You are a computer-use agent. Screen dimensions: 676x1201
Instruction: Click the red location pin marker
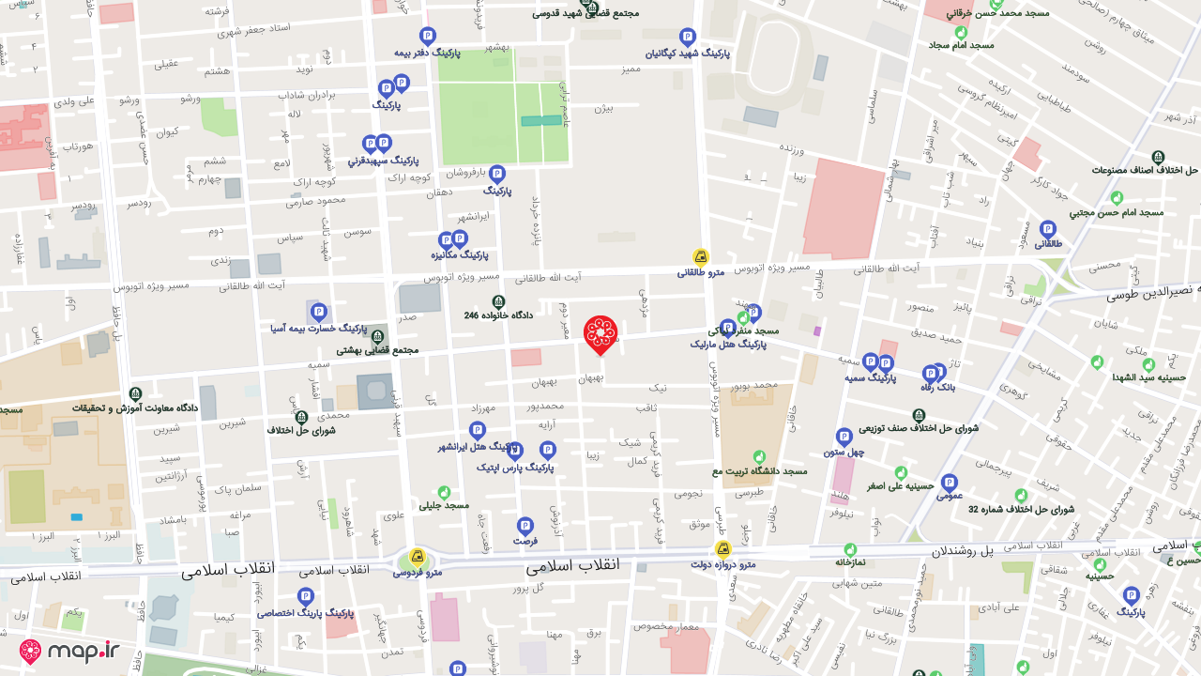[600, 334]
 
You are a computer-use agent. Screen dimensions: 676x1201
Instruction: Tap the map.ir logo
[69, 651]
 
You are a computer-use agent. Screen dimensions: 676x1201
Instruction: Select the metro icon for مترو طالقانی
[701, 256]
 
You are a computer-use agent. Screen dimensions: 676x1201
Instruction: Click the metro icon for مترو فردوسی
[418, 557]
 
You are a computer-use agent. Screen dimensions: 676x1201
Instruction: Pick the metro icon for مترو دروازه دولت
[722, 549]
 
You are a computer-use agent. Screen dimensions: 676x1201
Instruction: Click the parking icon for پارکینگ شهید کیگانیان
[688, 38]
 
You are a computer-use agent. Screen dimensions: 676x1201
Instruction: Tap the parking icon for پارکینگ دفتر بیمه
[428, 37]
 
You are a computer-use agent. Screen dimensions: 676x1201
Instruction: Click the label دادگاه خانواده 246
[498, 315]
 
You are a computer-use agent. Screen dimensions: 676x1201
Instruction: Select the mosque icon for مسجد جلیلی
[445, 493]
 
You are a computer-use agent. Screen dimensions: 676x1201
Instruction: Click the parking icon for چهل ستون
[844, 437]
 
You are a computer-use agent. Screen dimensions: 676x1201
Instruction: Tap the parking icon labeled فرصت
[525, 526]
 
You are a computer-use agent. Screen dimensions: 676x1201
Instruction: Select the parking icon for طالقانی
[1048, 229]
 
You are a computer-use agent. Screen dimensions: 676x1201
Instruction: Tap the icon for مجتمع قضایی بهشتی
[377, 337]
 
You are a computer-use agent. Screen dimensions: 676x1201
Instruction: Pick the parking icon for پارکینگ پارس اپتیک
[548, 451]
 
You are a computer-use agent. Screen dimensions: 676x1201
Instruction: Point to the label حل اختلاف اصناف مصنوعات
[1145, 170]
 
